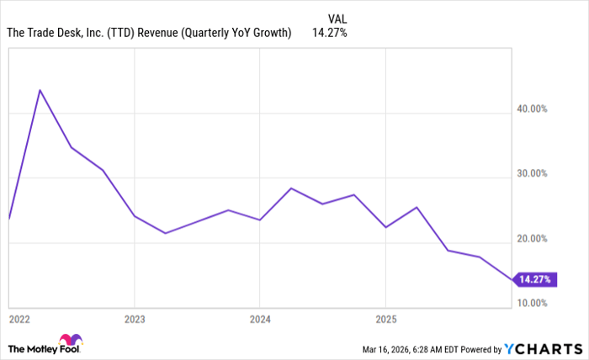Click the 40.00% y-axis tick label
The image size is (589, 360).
pos(532,109)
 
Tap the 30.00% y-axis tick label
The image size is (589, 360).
pos(532,173)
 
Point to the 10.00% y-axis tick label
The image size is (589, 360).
pos(532,303)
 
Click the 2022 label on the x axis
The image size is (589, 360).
pos(19,320)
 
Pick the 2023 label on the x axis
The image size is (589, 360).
pos(135,320)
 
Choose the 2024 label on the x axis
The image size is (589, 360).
pos(259,320)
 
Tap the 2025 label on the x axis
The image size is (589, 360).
pos(385,320)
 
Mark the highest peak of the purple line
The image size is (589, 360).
pos(40,90)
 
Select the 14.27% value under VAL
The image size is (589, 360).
pos(330,34)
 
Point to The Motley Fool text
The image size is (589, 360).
pos(34,348)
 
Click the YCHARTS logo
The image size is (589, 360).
pos(543,348)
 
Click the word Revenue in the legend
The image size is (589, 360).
pos(172,34)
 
